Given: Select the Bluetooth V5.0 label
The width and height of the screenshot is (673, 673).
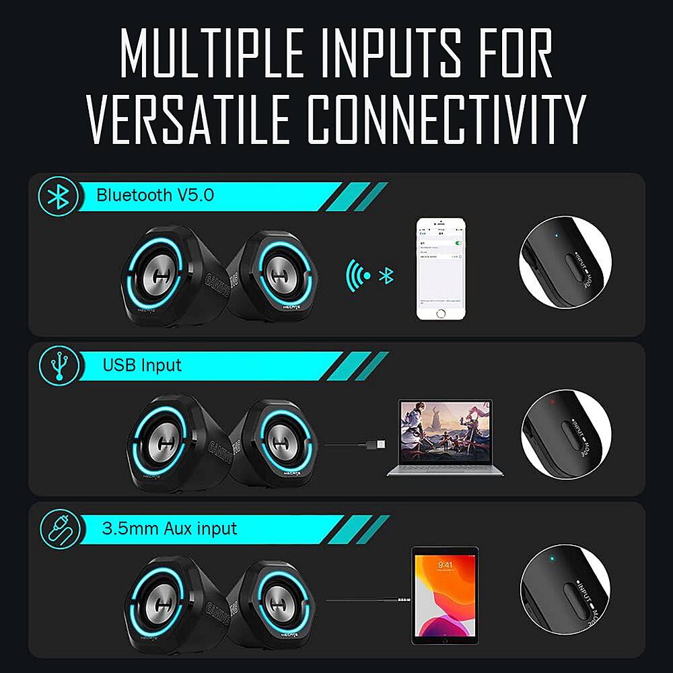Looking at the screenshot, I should (x=155, y=196).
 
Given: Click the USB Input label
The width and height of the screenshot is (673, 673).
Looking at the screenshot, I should (x=142, y=365).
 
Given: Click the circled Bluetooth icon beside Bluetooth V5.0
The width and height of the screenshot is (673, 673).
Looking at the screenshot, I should (x=59, y=197).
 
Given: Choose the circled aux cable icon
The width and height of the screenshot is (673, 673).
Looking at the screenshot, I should (x=59, y=528).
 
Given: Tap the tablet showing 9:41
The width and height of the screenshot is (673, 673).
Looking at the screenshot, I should (x=444, y=595).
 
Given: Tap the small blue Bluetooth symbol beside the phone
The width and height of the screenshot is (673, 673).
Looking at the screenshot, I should (x=386, y=275).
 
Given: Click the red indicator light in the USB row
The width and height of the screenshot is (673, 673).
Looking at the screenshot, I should (x=552, y=403).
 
